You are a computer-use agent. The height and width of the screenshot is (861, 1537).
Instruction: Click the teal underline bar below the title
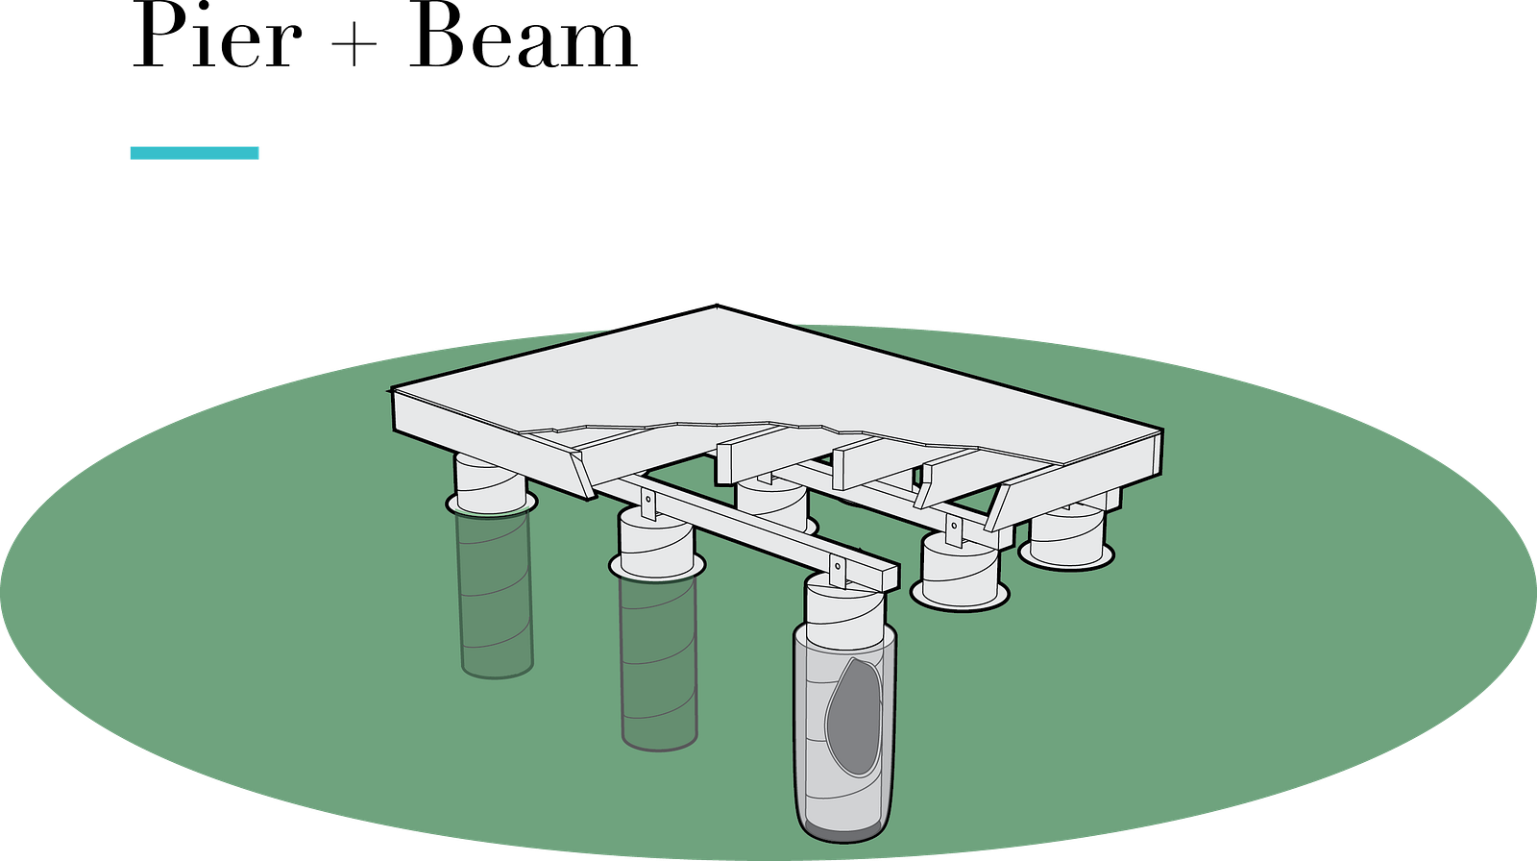coord(194,153)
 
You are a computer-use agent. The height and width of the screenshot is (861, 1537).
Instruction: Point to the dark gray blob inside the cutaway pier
coord(854,717)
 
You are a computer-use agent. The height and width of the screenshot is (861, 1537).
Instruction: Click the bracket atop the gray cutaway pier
coord(837,572)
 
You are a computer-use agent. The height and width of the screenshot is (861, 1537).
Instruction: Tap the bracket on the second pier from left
coord(647,504)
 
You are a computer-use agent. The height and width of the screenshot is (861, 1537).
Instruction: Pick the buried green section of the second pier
coord(659,663)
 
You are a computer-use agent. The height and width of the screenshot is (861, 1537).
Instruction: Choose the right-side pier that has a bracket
coord(960,571)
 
